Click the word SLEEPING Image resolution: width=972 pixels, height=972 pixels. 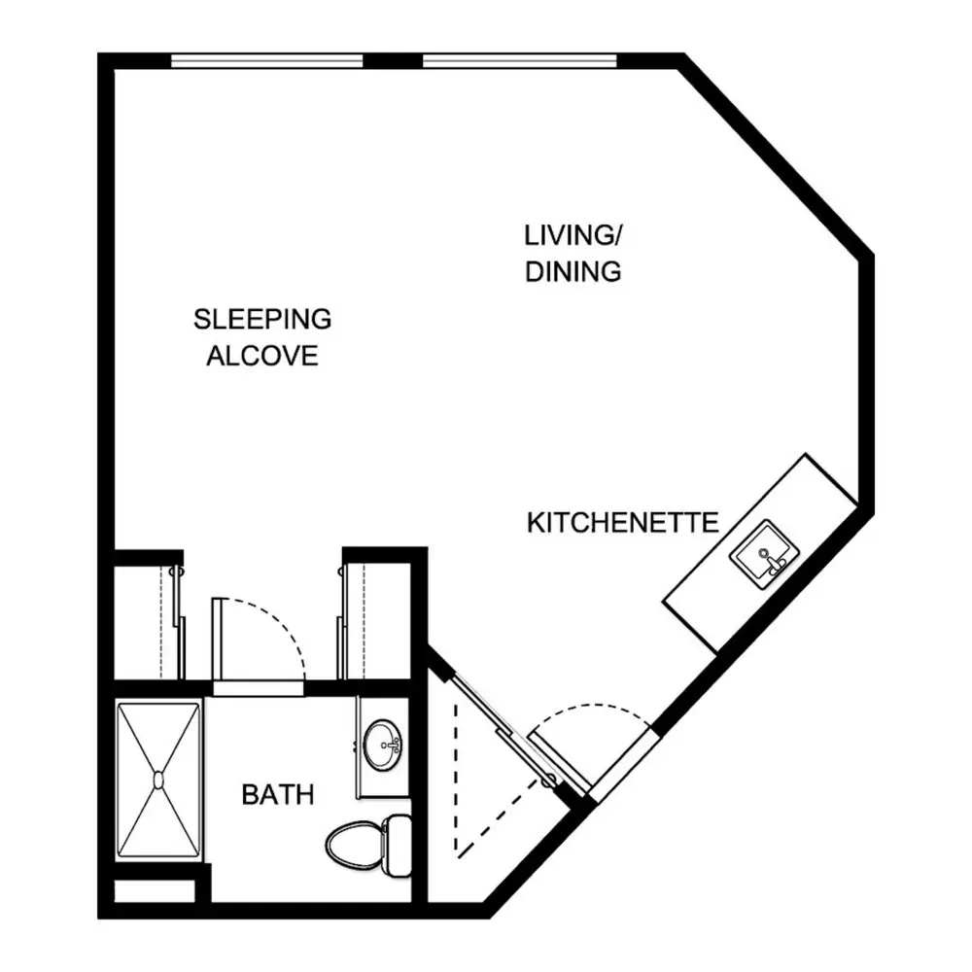262,319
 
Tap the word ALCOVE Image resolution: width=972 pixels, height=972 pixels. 262,356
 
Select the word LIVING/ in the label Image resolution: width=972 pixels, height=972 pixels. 573,235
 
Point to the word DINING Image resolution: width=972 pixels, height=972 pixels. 573,271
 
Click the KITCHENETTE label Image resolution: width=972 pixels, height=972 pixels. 622,523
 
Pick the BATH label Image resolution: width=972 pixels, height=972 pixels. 278,795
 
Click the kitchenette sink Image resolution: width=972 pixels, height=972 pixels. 764,554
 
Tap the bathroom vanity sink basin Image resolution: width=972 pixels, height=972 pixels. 382,745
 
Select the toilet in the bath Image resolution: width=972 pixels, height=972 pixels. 368,845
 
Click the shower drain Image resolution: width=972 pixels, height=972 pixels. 158,780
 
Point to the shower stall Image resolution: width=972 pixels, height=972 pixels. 158,780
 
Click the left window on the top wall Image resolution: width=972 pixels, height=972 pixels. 266,60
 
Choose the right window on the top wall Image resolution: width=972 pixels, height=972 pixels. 519,60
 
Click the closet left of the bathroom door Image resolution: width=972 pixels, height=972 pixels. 149,622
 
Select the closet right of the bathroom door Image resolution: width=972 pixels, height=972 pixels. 374,622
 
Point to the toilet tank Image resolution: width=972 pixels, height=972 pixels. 398,845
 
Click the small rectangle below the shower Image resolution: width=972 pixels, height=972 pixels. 155,890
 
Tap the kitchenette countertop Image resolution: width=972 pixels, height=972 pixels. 761,553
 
